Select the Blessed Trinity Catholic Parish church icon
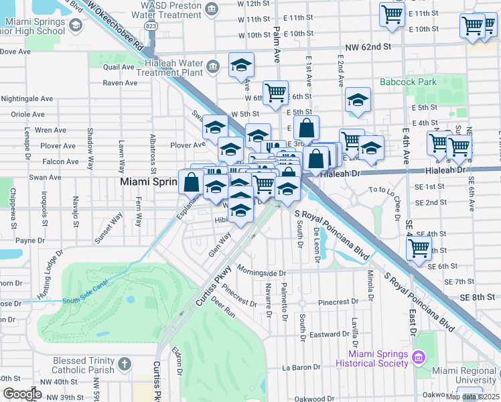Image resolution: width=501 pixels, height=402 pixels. [123, 364]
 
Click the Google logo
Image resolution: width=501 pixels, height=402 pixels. [22, 394]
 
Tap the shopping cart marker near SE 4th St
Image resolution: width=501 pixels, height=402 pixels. [419, 248]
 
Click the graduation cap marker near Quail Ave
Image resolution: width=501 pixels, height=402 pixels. [241, 66]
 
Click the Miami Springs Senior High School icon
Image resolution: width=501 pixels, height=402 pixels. [75, 25]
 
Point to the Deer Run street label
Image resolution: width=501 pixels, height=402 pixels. [223, 312]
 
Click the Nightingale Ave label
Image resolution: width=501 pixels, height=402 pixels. [27, 98]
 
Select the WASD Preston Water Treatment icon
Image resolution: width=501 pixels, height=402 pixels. [212, 9]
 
